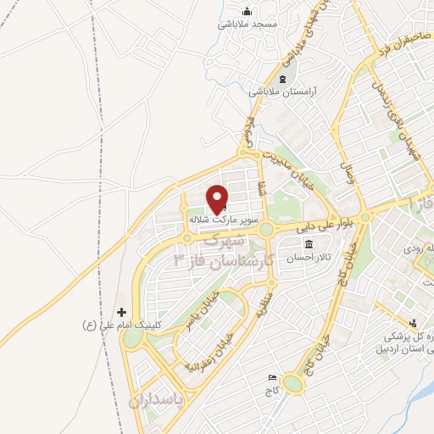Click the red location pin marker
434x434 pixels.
click(x=218, y=198)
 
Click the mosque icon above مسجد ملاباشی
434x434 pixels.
click(x=247, y=11)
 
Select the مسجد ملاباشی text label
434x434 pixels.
click(x=247, y=25)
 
